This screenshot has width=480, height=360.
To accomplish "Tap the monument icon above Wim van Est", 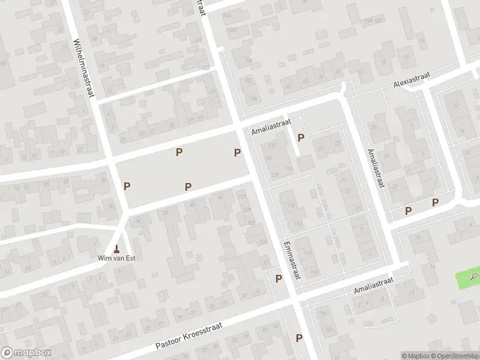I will (x=117, y=248).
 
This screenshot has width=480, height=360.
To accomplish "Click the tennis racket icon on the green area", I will (x=474, y=277).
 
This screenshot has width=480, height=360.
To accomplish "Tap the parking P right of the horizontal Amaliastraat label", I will (x=301, y=137).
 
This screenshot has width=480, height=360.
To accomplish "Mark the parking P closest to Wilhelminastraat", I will (x=127, y=186).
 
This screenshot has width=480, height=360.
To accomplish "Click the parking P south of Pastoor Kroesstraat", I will (x=298, y=338).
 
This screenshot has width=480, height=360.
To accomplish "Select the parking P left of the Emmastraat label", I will (x=278, y=278).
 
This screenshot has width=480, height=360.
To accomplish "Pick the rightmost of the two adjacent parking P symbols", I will (x=435, y=202).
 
